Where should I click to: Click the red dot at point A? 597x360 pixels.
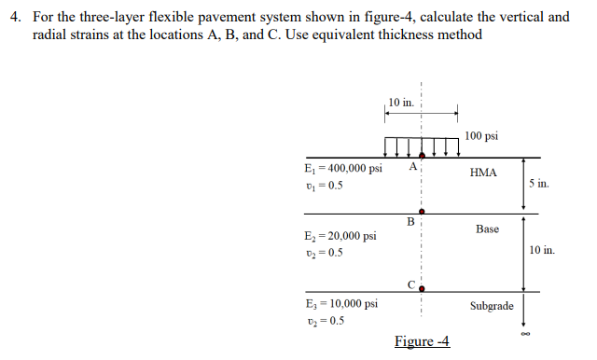pos(422,156)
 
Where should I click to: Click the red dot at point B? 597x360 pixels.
pos(422,212)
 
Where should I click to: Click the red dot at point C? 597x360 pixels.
pos(422,288)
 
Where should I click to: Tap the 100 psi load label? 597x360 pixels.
pos(480,136)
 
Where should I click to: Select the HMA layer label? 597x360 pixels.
pos(483,173)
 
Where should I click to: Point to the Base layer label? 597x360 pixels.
pos(487,228)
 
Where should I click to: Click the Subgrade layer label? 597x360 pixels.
pos(492,305)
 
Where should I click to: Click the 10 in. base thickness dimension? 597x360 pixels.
pos(541,250)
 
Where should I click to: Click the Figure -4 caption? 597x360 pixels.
pos(422,341)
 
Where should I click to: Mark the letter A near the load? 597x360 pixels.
pos(412,167)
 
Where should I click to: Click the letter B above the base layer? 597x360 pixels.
pos(410,221)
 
